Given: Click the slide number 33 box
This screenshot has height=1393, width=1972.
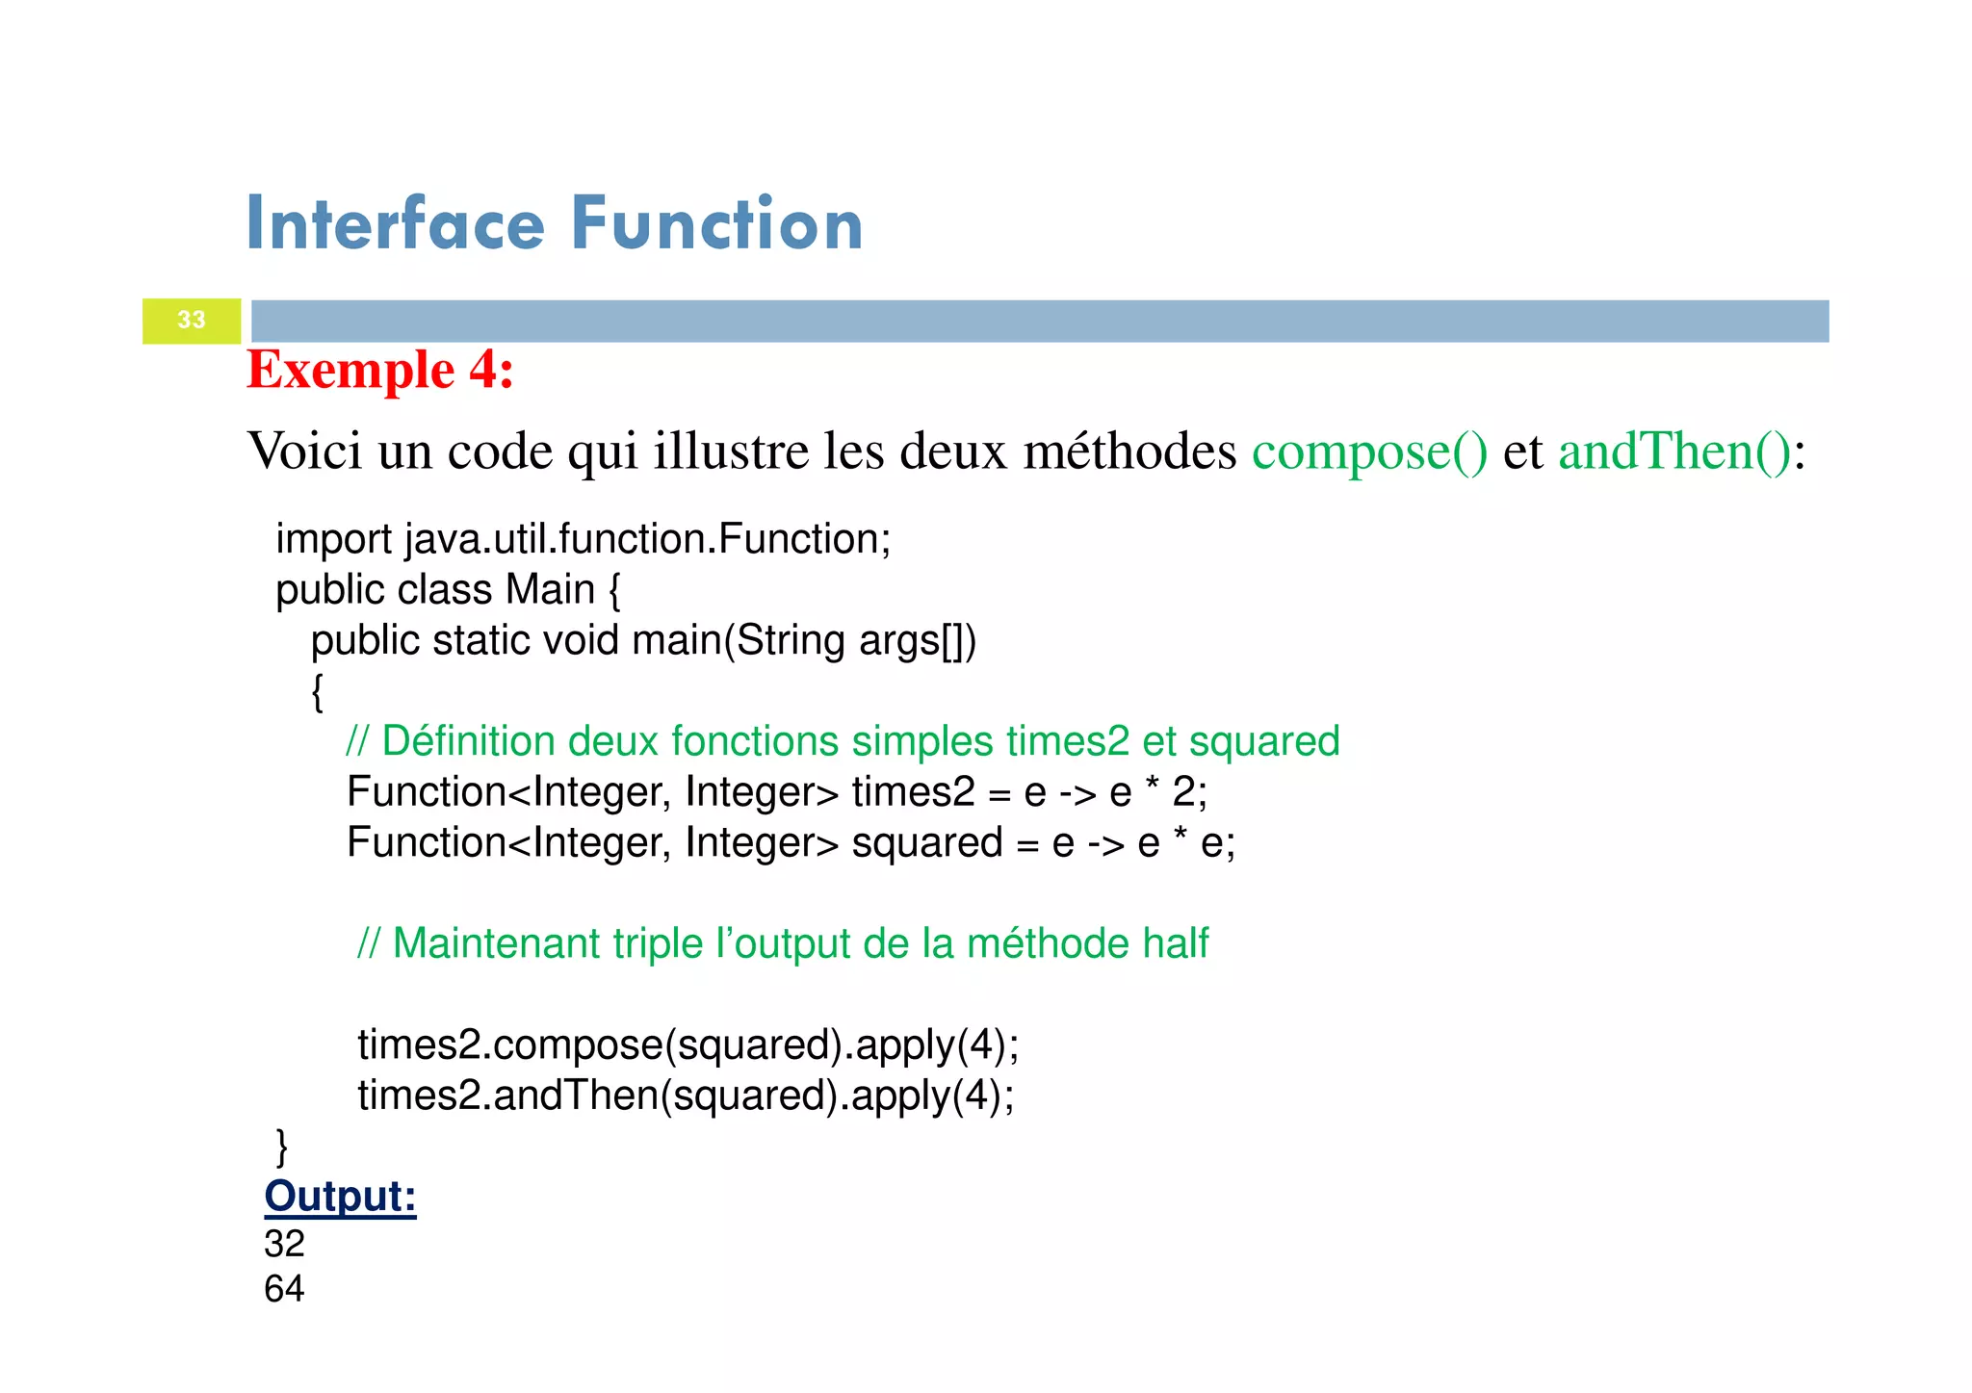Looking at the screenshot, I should coord(192,321).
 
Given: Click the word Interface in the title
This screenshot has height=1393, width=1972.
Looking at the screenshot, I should coord(396,224).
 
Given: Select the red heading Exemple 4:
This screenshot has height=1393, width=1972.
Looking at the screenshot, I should coord(380,370).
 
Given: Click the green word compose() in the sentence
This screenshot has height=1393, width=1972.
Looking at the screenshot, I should coord(1369,451).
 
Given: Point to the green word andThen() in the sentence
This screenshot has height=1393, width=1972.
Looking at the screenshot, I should coord(1674,451).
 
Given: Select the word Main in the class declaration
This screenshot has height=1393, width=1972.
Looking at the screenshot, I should coord(550,590).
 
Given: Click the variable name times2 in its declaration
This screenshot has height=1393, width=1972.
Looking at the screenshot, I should coord(913,792).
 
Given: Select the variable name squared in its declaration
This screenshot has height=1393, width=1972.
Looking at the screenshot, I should coord(926,843).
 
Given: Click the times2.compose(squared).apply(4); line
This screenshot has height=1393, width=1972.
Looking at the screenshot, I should coord(688,1045).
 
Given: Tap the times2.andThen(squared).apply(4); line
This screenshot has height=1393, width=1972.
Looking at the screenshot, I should coord(686,1096).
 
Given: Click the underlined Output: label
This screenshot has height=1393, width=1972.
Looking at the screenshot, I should coord(340,1197).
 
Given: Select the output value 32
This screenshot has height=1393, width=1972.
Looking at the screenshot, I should coord(284,1244).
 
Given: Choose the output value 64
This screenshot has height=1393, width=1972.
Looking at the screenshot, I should coord(284,1289).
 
